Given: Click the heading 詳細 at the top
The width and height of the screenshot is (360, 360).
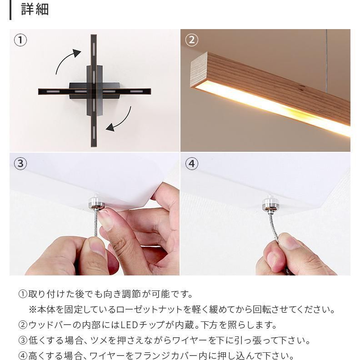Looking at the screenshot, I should [35, 10].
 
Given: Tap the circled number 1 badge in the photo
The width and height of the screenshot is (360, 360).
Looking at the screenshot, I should [20, 40].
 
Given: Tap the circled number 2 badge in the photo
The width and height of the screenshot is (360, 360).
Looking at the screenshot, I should [191, 40].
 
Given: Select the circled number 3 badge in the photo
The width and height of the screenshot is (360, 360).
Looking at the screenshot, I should [20, 163].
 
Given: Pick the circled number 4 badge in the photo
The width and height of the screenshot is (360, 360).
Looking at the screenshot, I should [191, 163].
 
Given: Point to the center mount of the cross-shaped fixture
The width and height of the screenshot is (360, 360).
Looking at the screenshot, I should [93, 90].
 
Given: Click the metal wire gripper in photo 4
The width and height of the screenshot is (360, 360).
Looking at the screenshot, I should [270, 205].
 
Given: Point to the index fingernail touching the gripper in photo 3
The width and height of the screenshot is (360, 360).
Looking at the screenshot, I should [105, 220].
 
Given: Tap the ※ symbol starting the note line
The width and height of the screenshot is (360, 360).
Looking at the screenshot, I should [33, 310].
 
